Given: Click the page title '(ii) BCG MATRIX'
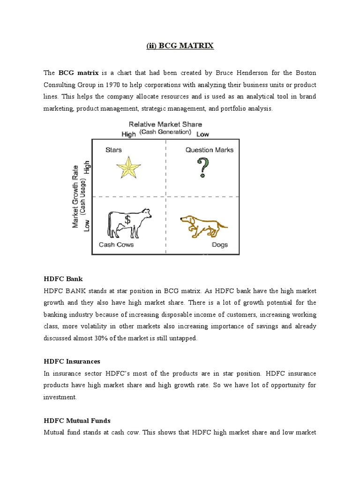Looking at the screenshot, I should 180,46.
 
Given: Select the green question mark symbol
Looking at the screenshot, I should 202,168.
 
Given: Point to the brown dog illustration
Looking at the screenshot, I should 203,225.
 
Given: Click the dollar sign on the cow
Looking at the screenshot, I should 127,219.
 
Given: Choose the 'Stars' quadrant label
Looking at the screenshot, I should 113,150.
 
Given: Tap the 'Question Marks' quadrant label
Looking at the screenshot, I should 209,150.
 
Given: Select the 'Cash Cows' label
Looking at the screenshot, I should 116,245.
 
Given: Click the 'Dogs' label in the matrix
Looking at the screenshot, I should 219,245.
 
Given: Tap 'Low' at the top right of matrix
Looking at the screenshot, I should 202,134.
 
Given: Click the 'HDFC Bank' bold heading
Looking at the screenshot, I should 63,279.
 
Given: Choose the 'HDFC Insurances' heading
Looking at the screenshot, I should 72,361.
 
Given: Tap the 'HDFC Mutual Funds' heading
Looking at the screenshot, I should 77,420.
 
